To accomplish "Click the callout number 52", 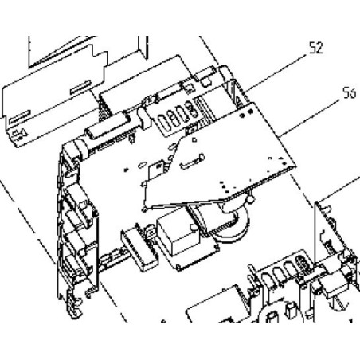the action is (316, 48).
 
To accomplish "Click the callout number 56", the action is (350, 93).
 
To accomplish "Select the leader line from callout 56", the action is (310, 118).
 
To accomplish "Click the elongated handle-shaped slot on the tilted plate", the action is (192, 162).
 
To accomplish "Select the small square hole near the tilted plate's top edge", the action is (194, 139).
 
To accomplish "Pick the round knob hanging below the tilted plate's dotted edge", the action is (250, 198).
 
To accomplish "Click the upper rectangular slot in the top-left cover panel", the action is (80, 87).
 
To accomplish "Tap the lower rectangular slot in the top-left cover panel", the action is (20, 117).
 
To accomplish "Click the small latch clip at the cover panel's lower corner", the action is (19, 134).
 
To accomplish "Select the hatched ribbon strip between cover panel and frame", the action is (104, 108).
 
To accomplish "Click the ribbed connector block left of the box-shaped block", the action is (139, 248).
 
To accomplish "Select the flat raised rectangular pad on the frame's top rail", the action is (106, 125).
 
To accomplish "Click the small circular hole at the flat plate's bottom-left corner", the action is (144, 209).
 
